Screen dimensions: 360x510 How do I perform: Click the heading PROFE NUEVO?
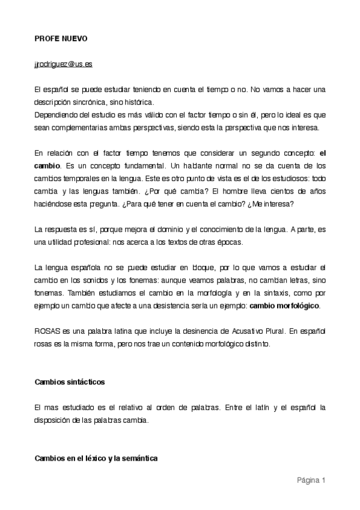(61, 38)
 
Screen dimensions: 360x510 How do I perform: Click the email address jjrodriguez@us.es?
(63, 63)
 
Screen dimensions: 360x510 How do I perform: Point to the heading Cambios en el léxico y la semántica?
(96, 458)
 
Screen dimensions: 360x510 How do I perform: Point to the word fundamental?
(133, 165)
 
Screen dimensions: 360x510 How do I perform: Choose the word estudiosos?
(276, 177)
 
